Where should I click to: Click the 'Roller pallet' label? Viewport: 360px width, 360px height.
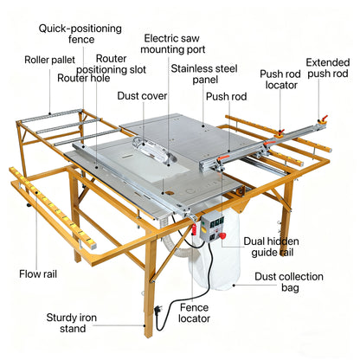(49, 60)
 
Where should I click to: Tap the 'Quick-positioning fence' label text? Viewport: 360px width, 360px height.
(80, 34)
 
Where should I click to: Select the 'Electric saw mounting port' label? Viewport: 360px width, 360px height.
(172, 43)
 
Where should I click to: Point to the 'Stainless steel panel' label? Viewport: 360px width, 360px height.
(204, 74)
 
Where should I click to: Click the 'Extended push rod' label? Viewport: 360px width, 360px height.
(328, 67)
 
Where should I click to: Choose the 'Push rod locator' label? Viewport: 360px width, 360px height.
(280, 80)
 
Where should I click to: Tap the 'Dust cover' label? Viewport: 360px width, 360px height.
(142, 96)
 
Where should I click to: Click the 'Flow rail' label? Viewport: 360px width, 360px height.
(38, 273)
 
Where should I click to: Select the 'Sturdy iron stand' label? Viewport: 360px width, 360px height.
(72, 323)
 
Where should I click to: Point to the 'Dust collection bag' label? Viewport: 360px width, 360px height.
(289, 282)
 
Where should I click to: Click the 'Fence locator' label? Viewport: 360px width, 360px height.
(194, 313)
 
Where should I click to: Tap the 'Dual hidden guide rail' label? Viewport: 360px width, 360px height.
(272, 247)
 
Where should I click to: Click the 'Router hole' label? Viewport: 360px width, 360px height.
(84, 78)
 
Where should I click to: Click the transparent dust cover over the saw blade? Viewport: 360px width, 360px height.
(153, 151)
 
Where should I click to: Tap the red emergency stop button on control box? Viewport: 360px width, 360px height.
(222, 235)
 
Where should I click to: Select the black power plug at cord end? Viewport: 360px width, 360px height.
(158, 309)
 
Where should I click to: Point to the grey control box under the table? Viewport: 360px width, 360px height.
(213, 226)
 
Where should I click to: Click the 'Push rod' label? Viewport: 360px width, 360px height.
(227, 96)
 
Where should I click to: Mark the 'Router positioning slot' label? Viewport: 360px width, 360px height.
(112, 64)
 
